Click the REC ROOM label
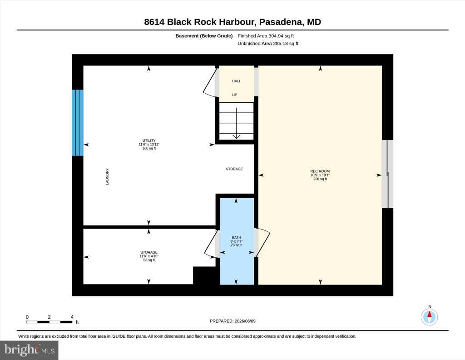click(320, 171)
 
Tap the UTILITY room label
click(149, 140)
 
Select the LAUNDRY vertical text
click(107, 176)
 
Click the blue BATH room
click(237, 241)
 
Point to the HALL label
click(237, 81)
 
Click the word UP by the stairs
click(235, 95)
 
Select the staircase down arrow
click(236, 123)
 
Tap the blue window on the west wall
click(78, 123)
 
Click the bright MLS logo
click(29, 350)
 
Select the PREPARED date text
click(232, 321)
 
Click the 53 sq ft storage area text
click(149, 260)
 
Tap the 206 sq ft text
click(320, 179)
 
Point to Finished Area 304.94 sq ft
click(266, 36)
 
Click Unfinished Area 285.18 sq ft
click(268, 44)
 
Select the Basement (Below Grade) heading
click(204, 36)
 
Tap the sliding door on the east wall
click(388, 174)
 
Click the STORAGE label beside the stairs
click(234, 169)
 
